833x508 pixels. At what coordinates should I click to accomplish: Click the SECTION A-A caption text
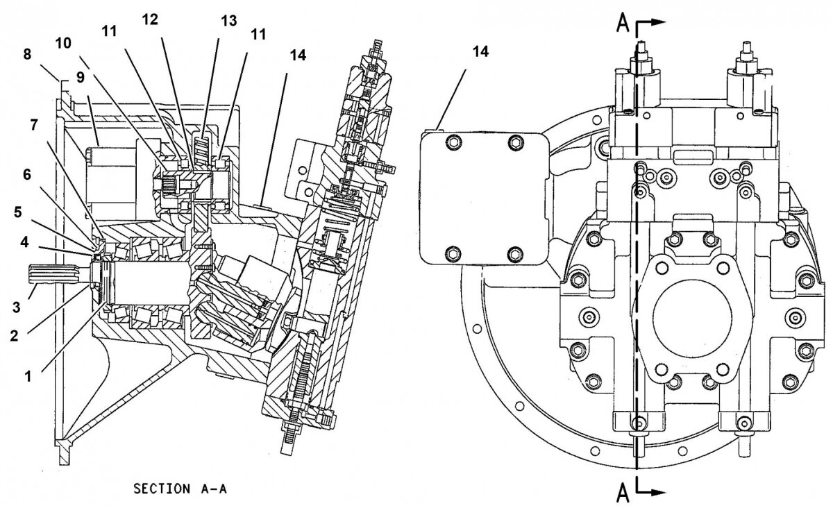(x=180, y=489)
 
